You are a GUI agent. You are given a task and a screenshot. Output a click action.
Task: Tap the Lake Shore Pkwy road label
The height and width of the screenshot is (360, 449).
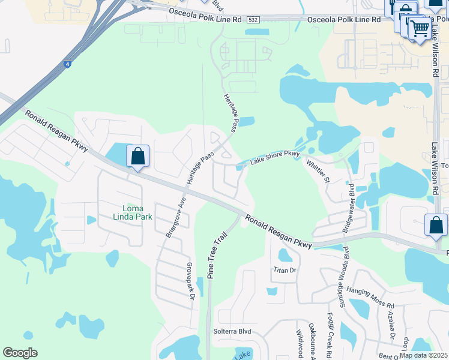tap(274, 158)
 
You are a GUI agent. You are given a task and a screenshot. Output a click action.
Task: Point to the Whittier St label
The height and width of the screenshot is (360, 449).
tap(318, 171)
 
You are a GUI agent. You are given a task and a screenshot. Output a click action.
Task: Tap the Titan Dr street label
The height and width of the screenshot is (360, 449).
tap(285, 270)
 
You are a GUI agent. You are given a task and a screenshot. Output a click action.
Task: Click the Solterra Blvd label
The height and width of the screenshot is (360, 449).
tap(232, 331)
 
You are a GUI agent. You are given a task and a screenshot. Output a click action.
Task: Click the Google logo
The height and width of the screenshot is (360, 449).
tap(20, 353)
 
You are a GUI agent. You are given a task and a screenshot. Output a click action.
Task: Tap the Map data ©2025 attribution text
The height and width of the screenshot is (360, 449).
tap(423, 355)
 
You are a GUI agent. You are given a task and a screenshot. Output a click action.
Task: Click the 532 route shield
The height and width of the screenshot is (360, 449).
tap(253, 20)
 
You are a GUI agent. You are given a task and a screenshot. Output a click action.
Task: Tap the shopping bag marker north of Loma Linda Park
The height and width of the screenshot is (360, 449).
tap(138, 157)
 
